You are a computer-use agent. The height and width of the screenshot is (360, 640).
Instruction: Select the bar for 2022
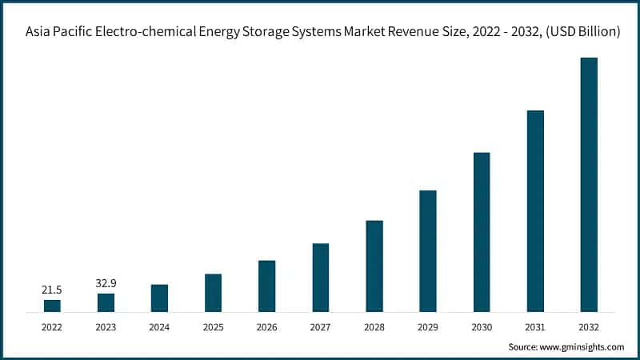click(52, 306)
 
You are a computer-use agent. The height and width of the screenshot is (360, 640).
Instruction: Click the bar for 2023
click(106, 302)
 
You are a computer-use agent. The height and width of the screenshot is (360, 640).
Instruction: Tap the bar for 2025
click(213, 293)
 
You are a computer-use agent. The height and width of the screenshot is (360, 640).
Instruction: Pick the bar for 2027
click(320, 277)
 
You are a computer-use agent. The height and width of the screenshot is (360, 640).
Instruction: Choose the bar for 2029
click(428, 250)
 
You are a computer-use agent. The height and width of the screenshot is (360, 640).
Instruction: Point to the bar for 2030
click(482, 232)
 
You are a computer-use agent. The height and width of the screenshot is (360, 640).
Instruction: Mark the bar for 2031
click(535, 211)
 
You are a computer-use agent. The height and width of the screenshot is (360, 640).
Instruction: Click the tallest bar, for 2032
click(589, 185)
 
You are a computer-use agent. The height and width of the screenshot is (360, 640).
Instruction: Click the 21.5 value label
click(52, 289)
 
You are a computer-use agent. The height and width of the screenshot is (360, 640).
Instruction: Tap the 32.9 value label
click(106, 282)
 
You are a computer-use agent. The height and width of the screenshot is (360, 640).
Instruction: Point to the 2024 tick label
click(159, 326)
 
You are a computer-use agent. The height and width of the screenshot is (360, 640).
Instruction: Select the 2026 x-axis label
click(266, 326)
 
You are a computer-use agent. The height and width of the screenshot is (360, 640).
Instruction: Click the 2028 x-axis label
click(374, 326)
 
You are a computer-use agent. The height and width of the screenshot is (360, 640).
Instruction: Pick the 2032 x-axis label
click(589, 326)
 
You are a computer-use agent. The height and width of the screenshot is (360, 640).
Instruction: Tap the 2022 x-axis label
click(52, 326)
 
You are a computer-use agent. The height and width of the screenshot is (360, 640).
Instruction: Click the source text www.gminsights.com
click(584, 347)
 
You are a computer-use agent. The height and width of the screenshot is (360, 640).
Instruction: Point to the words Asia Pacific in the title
click(57, 33)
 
